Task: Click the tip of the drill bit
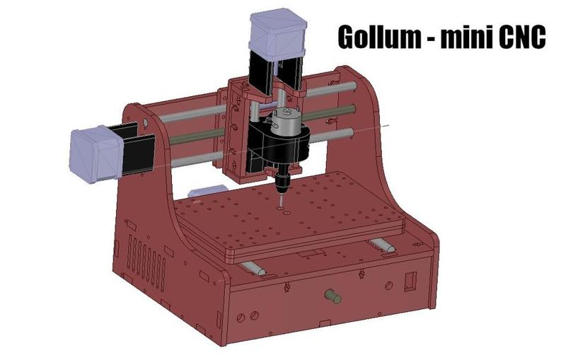click(x=281, y=206)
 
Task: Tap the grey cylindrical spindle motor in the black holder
click(x=287, y=120)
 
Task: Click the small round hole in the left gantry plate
click(x=146, y=122)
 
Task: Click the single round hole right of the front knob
click(x=388, y=285)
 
